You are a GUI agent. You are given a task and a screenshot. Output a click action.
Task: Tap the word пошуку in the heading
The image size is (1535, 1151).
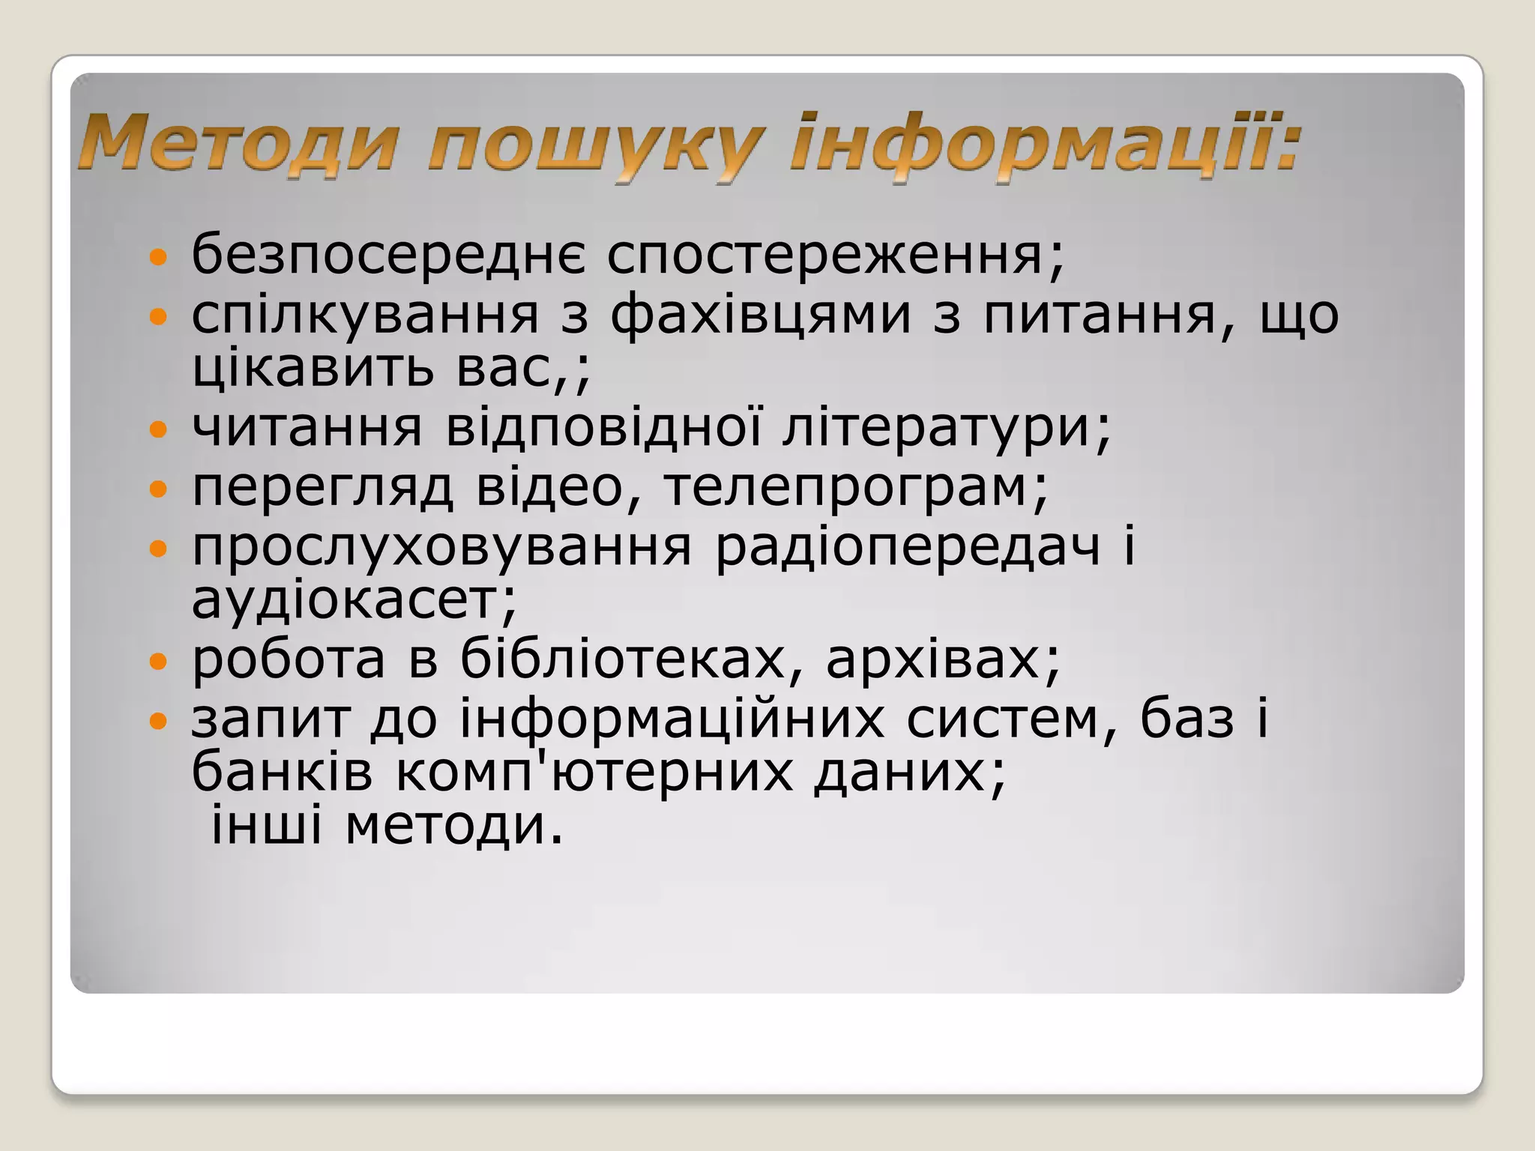597,146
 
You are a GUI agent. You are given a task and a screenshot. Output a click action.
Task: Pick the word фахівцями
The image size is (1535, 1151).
760,315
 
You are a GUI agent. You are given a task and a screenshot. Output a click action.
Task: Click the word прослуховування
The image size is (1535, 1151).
441,547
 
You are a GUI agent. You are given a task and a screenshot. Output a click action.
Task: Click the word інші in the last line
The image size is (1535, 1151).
265,826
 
